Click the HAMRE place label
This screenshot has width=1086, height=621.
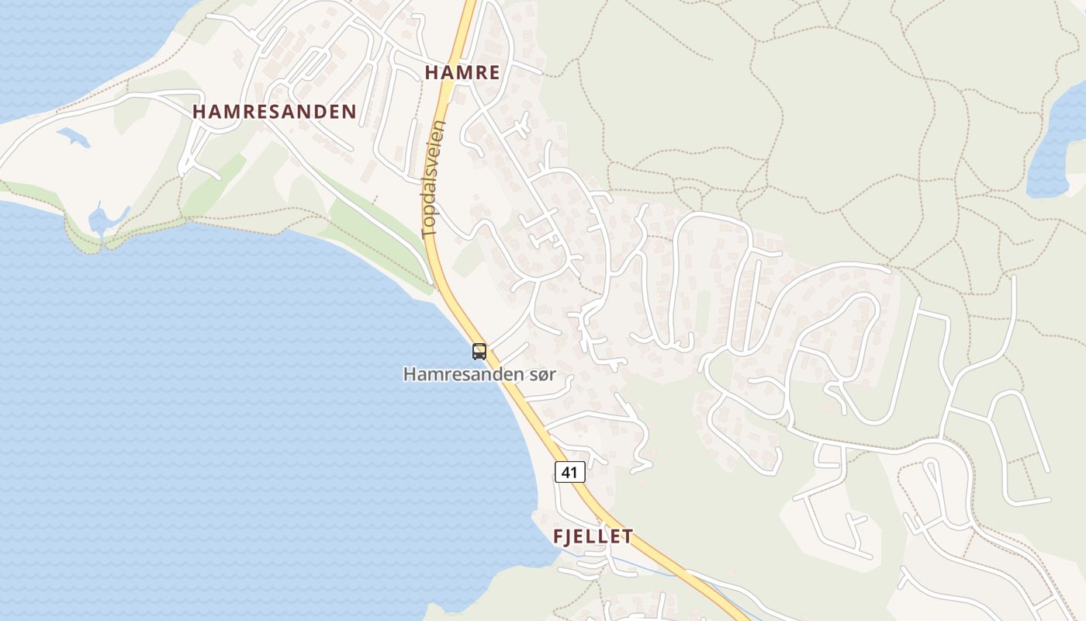pyautogui.click(x=462, y=73)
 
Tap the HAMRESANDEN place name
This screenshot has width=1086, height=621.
pyautogui.click(x=275, y=112)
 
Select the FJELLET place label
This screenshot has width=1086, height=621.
pyautogui.click(x=593, y=536)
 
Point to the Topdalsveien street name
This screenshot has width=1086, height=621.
pyautogui.click(x=434, y=178)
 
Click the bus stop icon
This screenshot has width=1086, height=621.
pyautogui.click(x=479, y=352)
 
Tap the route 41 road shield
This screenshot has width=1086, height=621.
pyautogui.click(x=569, y=472)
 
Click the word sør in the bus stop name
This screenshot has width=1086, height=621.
pyautogui.click(x=542, y=374)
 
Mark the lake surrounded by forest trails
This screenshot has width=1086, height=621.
pyautogui.click(x=1057, y=147)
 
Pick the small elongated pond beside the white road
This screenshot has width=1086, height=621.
pyautogui.click(x=74, y=137)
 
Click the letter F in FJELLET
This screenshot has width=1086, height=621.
pyautogui.click(x=558, y=536)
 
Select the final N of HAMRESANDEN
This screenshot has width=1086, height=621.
pyautogui.click(x=350, y=112)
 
